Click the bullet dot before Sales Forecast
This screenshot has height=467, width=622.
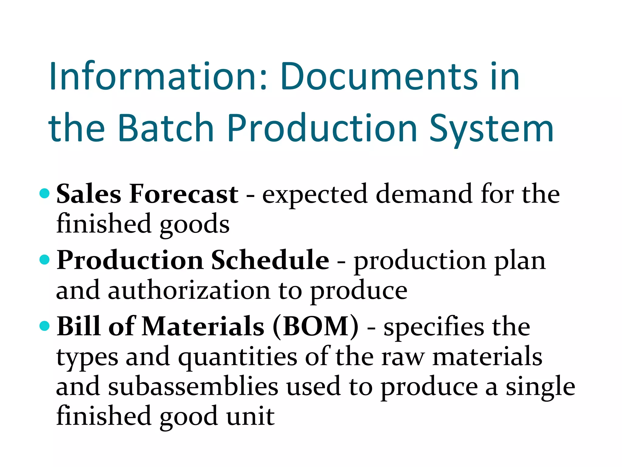click(x=45, y=194)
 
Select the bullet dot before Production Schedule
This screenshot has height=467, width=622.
click(x=45, y=260)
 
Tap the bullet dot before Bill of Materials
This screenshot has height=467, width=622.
click(x=45, y=326)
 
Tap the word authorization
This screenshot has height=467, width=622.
click(x=189, y=290)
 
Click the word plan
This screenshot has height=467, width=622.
click(x=520, y=261)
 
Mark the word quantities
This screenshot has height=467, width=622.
click(x=238, y=357)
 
